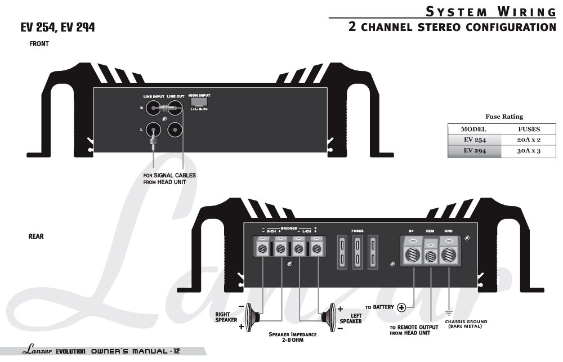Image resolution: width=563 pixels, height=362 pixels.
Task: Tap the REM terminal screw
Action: click(431, 256)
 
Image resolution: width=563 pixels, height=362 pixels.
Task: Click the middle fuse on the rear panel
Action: click(356, 252)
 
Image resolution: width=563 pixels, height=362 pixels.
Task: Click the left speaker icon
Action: click(328, 316)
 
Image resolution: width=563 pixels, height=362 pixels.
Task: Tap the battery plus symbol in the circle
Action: click(402, 307)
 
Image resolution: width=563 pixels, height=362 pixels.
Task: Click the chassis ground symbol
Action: click(449, 312)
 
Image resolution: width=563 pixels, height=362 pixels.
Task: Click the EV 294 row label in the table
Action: click(474, 151)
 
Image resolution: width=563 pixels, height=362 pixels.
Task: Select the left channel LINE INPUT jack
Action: click(153, 130)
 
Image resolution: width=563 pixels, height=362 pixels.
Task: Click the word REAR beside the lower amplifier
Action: click(36, 236)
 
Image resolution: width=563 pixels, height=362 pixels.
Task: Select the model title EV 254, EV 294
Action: click(58, 27)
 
